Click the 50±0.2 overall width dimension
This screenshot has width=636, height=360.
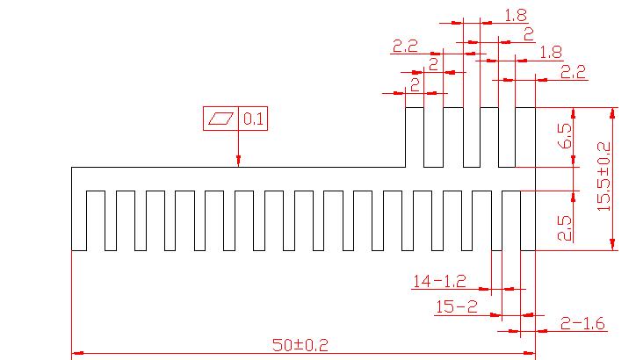299,345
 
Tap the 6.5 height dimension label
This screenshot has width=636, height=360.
565,137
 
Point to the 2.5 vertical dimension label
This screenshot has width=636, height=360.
565,227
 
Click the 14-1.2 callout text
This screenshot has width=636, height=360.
439,282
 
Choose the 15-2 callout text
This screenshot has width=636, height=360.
457,306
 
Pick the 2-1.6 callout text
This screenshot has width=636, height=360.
583,324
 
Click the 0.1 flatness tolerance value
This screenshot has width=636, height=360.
254,119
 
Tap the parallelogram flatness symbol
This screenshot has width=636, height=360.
222,119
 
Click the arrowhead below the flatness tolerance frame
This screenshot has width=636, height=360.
238,160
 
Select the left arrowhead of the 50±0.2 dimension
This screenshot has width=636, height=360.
77,354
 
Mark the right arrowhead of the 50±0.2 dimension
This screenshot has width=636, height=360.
529,354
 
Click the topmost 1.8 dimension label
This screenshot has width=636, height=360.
516,14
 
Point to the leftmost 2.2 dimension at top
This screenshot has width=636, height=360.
405,46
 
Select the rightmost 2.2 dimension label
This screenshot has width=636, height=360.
572,70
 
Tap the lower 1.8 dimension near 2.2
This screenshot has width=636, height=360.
551,52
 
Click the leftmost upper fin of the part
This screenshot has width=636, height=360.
415,137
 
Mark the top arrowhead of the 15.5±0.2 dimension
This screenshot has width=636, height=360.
613,113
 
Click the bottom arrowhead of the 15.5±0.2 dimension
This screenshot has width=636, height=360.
613,245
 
